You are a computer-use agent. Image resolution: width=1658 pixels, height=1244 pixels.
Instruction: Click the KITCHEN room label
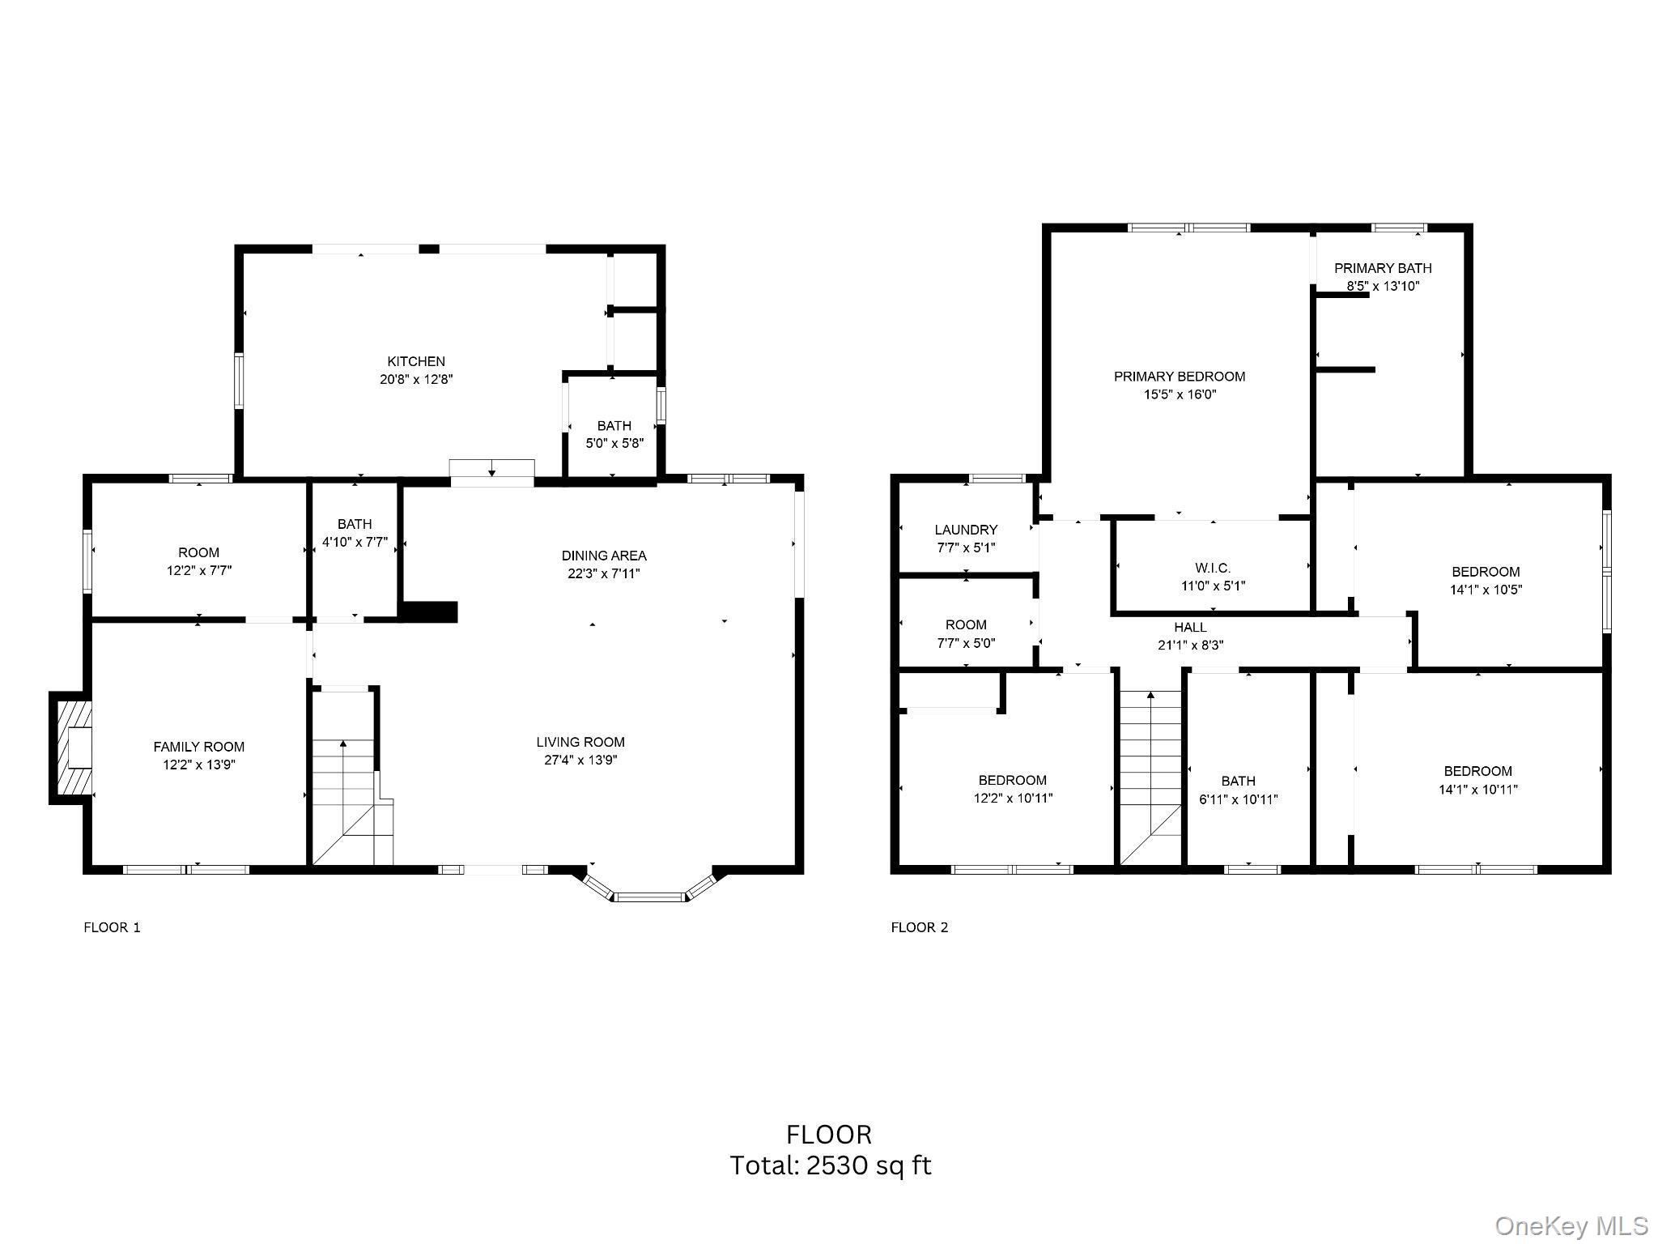click(x=416, y=361)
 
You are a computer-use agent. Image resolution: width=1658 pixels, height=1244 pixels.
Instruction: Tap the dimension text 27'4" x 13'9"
click(x=580, y=760)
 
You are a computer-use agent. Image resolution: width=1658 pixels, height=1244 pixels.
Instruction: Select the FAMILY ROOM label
click(x=198, y=747)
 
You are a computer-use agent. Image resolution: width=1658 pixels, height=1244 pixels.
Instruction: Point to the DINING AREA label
click(x=604, y=556)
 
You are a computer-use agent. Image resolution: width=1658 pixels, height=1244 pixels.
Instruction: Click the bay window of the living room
click(x=648, y=895)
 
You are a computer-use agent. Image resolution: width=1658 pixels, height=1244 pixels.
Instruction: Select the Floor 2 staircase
click(x=1150, y=777)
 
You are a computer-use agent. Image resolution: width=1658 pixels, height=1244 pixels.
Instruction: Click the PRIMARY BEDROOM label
click(x=1179, y=377)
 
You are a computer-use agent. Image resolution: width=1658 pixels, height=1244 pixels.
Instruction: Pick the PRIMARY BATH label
click(x=1383, y=268)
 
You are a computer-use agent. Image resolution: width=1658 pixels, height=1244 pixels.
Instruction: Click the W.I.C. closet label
click(x=1213, y=568)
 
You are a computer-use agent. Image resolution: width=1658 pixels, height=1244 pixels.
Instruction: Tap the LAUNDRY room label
click(x=966, y=530)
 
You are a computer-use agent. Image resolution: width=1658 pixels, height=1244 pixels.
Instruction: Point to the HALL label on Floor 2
click(x=1190, y=627)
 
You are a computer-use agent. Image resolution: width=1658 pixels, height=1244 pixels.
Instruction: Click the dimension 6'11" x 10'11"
click(x=1238, y=799)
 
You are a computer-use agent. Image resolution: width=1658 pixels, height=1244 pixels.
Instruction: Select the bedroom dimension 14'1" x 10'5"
click(x=1486, y=590)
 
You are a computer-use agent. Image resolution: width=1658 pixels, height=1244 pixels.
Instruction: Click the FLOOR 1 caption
click(x=112, y=927)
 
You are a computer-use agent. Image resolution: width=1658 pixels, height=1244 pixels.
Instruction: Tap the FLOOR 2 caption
click(x=919, y=927)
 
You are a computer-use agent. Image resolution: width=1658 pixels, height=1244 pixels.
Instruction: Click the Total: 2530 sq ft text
click(x=830, y=1165)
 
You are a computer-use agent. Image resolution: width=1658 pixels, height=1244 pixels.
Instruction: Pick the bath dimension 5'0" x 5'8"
click(x=614, y=443)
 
